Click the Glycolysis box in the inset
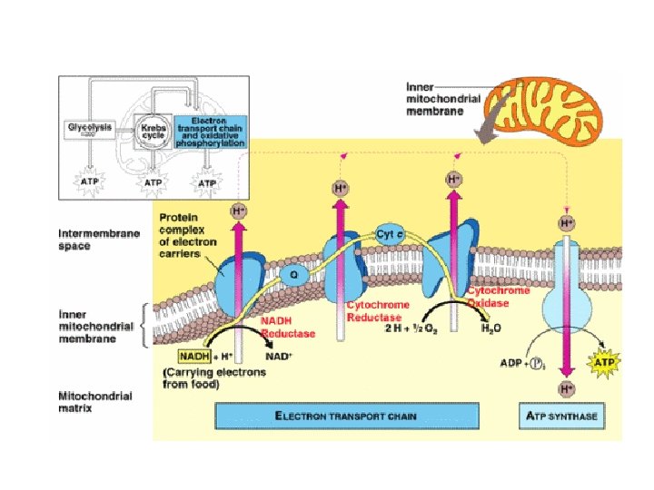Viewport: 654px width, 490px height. tap(89, 128)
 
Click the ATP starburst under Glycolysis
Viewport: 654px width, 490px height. tap(89, 181)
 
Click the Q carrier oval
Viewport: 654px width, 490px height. tap(293, 271)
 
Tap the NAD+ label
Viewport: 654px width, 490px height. tap(277, 356)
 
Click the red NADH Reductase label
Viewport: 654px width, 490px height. tap(288, 327)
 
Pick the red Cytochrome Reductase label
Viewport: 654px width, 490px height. tap(378, 310)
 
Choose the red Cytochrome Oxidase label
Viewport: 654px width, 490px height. tap(499, 297)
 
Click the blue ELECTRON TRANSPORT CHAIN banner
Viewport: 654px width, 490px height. tap(346, 416)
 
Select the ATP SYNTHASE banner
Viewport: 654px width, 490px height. tap(568, 416)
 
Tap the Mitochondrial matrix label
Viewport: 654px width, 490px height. tap(94, 402)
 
